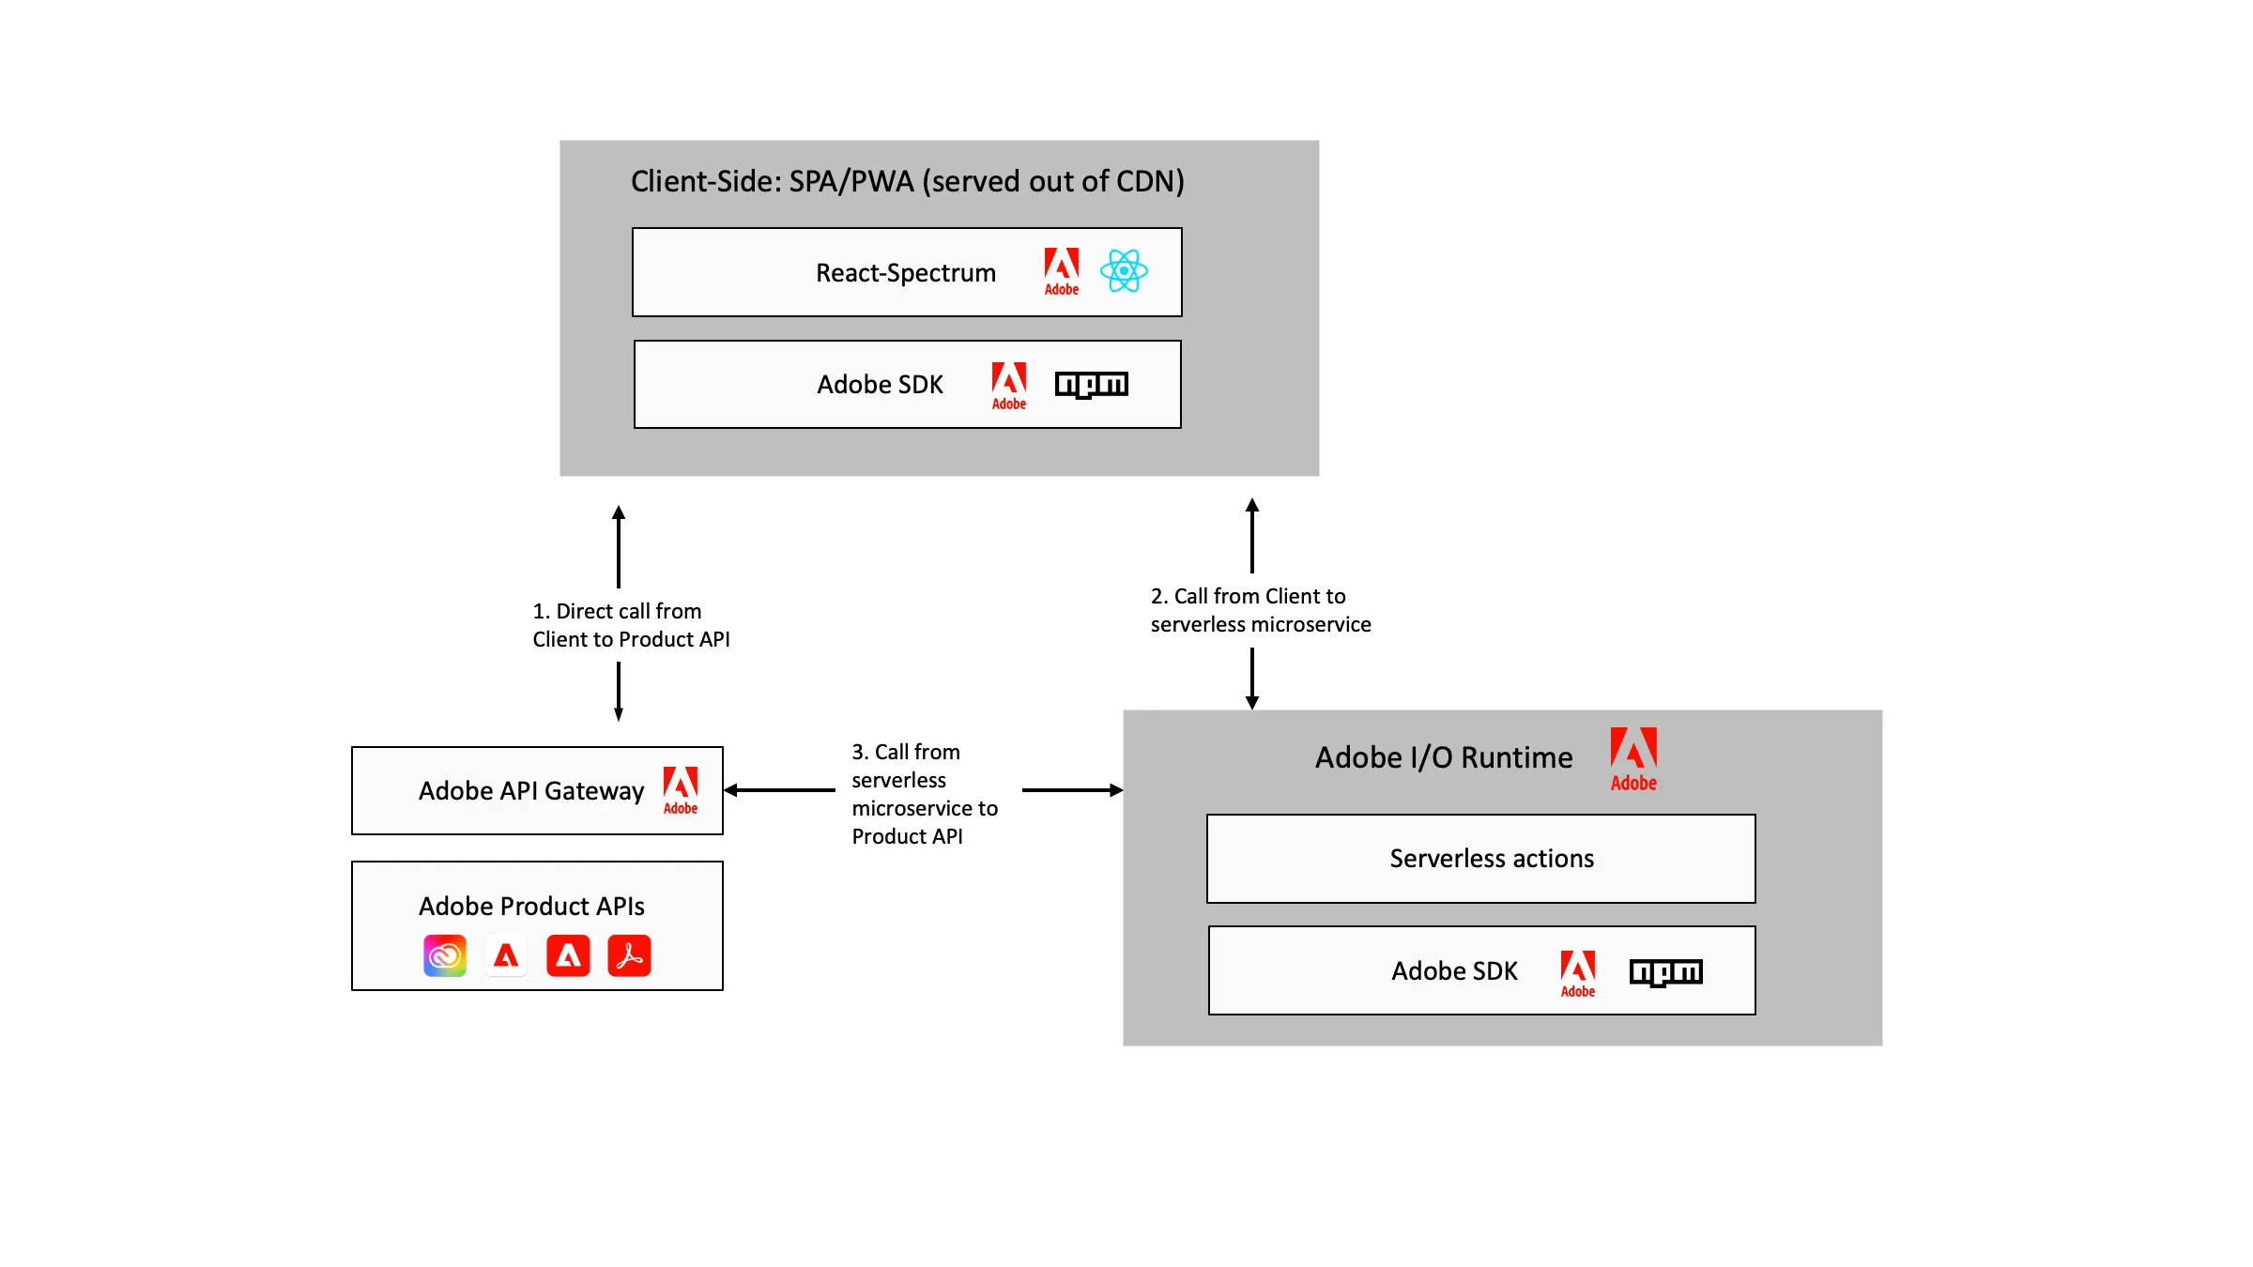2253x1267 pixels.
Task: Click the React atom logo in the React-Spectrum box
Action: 1124,271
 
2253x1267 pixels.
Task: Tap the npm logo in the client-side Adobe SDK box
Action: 1091,385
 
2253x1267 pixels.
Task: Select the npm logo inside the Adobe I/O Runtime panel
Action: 1665,971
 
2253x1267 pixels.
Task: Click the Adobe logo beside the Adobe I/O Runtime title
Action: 1633,758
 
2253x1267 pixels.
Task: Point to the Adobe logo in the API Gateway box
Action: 681,790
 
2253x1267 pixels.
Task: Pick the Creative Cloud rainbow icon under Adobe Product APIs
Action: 445,955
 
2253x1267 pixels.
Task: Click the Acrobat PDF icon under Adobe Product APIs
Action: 629,955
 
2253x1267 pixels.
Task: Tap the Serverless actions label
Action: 1492,859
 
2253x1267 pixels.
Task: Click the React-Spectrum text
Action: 906,273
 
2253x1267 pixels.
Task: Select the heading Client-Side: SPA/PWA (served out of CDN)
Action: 907,181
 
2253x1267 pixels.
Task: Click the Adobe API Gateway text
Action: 531,791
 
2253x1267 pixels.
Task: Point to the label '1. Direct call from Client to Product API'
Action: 631,625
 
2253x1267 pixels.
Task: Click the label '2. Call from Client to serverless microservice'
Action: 1260,610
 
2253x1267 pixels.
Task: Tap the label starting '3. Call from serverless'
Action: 924,794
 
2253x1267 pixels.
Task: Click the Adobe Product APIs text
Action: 531,907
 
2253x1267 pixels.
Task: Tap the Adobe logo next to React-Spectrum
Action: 1062,271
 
